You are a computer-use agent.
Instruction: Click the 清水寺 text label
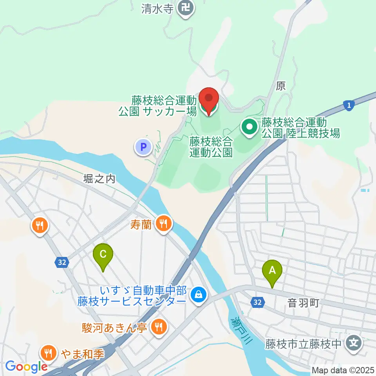click(x=157, y=9)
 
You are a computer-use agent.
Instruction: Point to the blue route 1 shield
click(x=349, y=105)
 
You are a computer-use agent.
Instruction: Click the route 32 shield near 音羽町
click(x=257, y=302)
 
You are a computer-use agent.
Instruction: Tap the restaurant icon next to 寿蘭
click(x=163, y=224)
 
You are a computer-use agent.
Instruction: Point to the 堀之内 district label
click(x=99, y=179)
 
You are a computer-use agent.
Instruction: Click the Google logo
click(x=26, y=366)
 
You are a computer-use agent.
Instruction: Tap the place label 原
click(x=280, y=86)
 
